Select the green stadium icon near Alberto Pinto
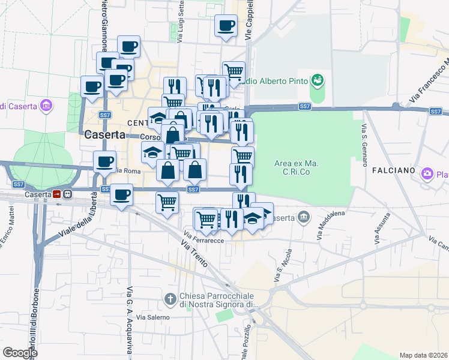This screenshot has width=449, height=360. click(317, 80)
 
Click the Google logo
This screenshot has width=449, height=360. click(20, 353)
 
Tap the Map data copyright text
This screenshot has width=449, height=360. click(423, 355)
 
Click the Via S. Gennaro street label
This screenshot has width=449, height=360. click(364, 142)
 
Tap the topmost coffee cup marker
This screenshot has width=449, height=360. click(226, 26)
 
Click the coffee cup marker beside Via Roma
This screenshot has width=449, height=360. click(105, 161)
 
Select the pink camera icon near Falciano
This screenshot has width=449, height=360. click(427, 174)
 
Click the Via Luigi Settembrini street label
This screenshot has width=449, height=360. click(180, 22)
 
